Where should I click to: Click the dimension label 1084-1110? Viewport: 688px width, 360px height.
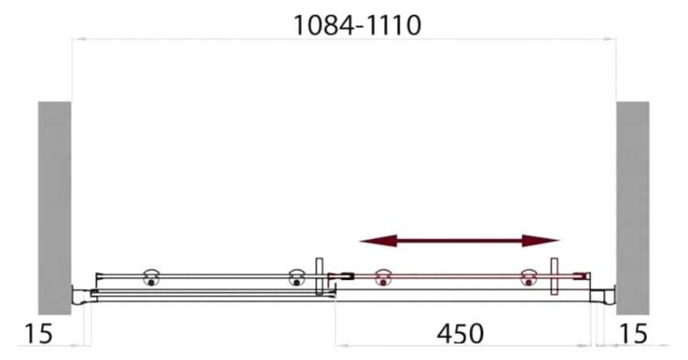[357, 25]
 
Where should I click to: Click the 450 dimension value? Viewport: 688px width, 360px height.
[460, 334]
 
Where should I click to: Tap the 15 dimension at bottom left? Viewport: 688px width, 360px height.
[38, 334]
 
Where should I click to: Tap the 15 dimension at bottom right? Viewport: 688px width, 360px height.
[633, 334]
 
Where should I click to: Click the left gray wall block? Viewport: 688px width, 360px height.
[54, 208]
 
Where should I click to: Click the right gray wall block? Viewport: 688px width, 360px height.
[633, 208]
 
